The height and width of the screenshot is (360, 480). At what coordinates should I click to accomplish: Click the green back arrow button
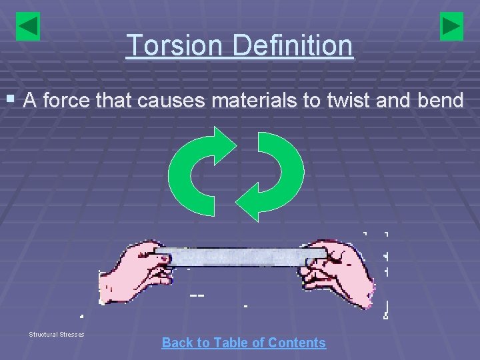[x=28, y=27]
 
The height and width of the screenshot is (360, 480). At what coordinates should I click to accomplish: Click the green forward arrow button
[x=451, y=27]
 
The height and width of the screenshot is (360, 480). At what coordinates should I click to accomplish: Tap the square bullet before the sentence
[x=9, y=100]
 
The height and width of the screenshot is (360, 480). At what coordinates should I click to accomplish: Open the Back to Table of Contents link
[x=243, y=343]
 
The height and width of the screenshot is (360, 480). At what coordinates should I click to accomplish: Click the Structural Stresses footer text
[x=57, y=334]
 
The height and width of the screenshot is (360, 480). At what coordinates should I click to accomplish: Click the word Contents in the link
[x=297, y=343]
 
